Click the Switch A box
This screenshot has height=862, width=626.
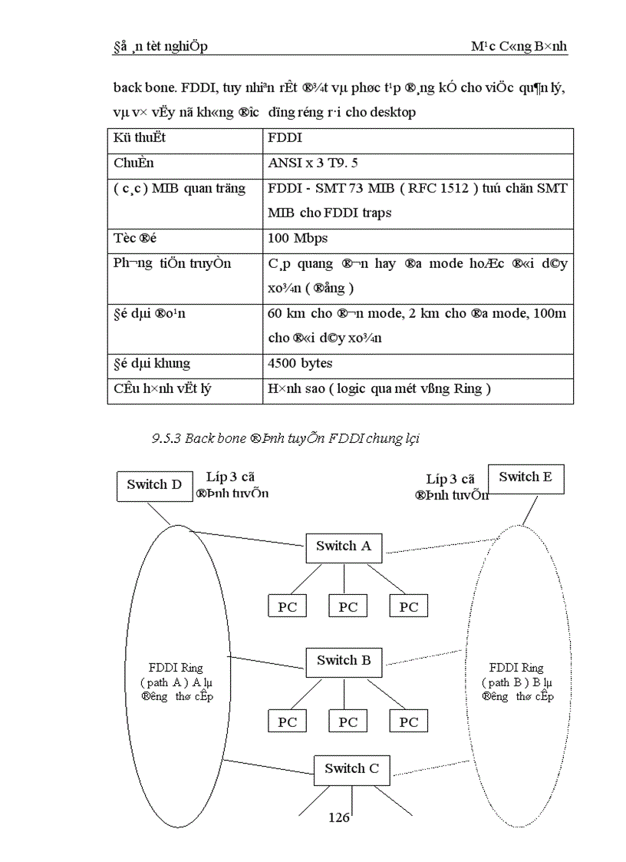[x=343, y=546]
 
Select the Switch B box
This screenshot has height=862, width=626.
[x=343, y=660]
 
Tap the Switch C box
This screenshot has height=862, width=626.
[x=351, y=768]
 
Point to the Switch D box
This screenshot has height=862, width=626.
[x=154, y=484]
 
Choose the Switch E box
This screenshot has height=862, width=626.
[x=525, y=477]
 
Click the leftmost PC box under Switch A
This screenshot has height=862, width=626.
[x=287, y=606]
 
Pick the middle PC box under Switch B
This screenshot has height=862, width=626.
[x=348, y=722]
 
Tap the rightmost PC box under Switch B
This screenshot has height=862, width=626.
[x=409, y=722]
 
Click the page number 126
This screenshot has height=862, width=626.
[x=338, y=817]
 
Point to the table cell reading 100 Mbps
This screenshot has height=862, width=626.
[x=298, y=238]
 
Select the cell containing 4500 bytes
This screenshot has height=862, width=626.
[x=301, y=363]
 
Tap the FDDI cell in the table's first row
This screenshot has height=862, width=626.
[x=285, y=138]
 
